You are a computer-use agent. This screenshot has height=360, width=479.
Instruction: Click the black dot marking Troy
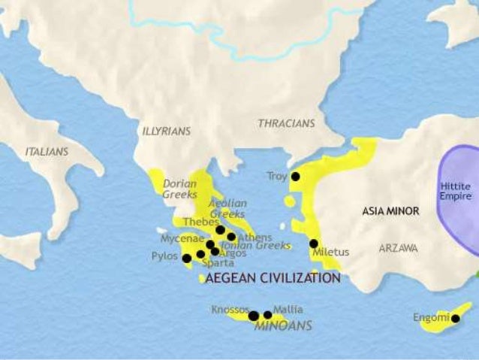(296, 177)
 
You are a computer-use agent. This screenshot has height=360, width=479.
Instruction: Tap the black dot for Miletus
(314, 244)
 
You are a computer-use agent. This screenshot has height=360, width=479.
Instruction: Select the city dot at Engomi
(455, 319)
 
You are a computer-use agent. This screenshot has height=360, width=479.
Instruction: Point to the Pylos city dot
(186, 258)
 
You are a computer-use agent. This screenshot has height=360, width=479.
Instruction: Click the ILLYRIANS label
(166, 131)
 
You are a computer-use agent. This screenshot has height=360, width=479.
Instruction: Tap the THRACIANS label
(286, 123)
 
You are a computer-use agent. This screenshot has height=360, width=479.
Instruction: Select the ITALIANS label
(47, 151)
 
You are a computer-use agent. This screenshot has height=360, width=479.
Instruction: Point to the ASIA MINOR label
(390, 211)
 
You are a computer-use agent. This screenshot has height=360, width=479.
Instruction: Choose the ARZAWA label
(398, 247)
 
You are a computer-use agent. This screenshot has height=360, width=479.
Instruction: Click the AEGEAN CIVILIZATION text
(273, 278)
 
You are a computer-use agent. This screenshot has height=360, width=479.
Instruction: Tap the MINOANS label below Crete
(283, 326)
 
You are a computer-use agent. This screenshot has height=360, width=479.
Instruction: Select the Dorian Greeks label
(179, 188)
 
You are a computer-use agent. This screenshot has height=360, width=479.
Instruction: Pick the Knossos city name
(229, 309)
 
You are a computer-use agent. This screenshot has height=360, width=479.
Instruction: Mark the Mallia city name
(288, 309)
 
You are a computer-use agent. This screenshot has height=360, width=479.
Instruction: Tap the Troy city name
(276, 177)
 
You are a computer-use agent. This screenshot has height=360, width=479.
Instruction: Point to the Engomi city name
(430, 318)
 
